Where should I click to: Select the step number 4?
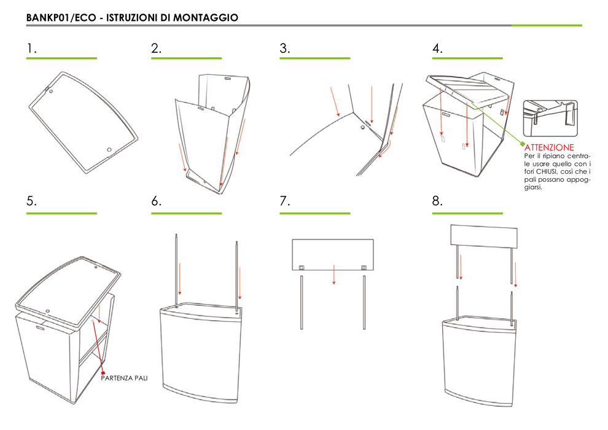coord(437,49)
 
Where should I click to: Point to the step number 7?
coord(284,201)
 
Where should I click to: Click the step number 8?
coord(437,201)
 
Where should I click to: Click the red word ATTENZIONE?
coord(549,147)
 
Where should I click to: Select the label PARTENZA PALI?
coord(124,378)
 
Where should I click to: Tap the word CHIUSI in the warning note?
coord(547,171)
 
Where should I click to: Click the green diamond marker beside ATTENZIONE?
coord(522,144)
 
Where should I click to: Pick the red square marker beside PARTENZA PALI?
coord(103,373)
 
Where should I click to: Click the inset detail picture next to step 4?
coord(550,119)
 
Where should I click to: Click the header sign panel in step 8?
coord(484,236)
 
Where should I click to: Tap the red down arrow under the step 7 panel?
coord(334,275)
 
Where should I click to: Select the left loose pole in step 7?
coord(302,302)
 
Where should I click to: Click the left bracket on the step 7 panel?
coord(302,268)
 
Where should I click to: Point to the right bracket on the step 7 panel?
coord(364,268)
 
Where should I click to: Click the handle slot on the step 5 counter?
coord(41,328)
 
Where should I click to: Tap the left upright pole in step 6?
coord(176,269)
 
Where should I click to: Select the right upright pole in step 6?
coord(236,276)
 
